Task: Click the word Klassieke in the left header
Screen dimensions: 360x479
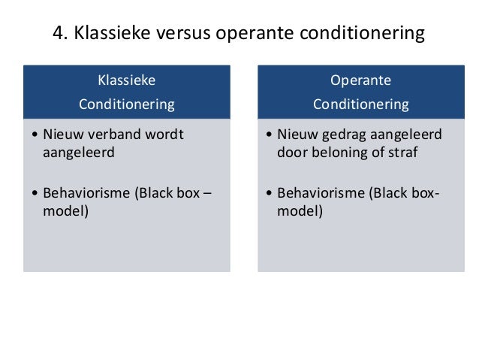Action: [125, 80]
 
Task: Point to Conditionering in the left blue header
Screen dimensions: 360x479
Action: [126, 104]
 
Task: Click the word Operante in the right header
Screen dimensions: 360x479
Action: [360, 80]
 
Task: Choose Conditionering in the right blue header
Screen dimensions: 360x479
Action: [360, 104]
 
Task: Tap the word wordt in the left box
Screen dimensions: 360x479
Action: [164, 135]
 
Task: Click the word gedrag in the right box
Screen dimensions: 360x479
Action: [338, 135]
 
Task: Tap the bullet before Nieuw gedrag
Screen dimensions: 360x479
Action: [270, 136]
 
